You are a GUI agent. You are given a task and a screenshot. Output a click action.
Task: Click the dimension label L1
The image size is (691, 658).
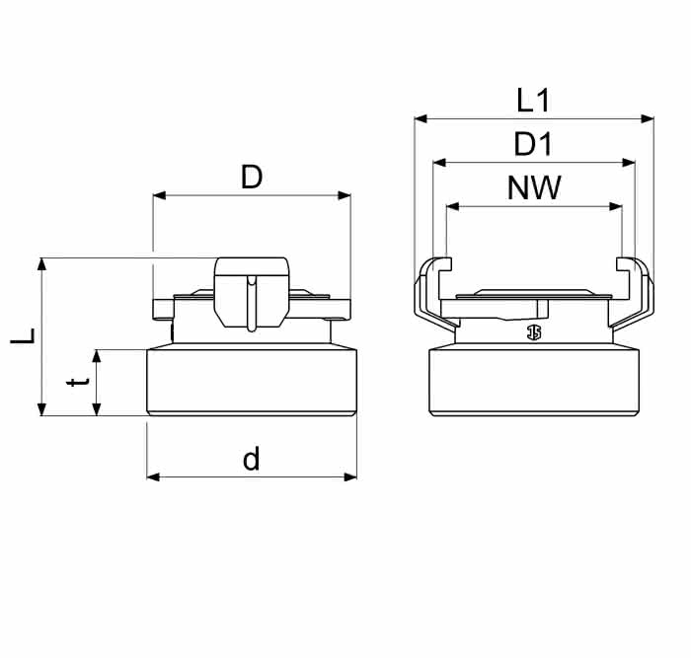[x=533, y=101]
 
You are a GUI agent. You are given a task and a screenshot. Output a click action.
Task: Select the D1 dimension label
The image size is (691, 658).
[x=533, y=144]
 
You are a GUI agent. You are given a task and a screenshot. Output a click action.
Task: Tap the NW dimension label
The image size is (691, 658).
[x=534, y=188]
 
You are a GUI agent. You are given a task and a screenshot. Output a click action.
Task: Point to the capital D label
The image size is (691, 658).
[x=252, y=177]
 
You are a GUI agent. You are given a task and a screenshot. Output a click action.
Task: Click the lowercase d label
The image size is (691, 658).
[x=252, y=458]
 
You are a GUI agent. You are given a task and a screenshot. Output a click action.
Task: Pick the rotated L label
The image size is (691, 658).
[x=23, y=336]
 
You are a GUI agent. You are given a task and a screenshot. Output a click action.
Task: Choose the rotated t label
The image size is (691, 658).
[x=78, y=382]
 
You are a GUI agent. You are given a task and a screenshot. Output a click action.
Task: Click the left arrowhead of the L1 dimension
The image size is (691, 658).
[x=421, y=118]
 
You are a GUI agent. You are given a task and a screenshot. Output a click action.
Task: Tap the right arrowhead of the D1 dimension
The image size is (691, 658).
[x=629, y=163]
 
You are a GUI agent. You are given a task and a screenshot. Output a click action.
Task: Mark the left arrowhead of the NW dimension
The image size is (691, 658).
[x=452, y=206]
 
